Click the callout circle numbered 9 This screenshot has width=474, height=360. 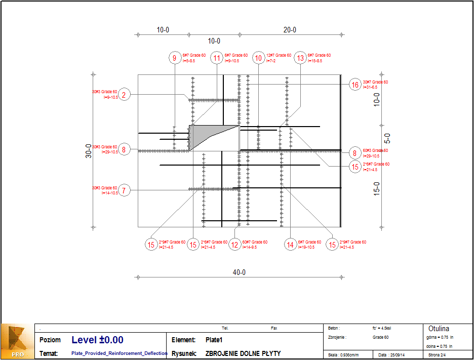click(175, 58)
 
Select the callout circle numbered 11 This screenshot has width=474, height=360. click(217, 58)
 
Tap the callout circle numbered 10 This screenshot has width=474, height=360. click(259, 58)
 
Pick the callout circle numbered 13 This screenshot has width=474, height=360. click(300, 58)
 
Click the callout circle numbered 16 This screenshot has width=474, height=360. click(355, 85)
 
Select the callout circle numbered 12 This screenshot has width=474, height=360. click(235, 245)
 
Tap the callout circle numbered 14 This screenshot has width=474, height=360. click(290, 245)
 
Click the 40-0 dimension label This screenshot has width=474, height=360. click(239, 272)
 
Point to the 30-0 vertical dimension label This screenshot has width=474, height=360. click(88, 151)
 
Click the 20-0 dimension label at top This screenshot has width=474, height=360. click(290, 30)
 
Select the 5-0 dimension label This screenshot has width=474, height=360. click(387, 138)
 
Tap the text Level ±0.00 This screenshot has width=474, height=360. click(97, 340)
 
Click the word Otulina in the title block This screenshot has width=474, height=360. click(439, 329)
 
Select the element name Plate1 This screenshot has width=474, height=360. click(214, 340)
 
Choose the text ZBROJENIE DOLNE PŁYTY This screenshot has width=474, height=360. click(243, 353)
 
